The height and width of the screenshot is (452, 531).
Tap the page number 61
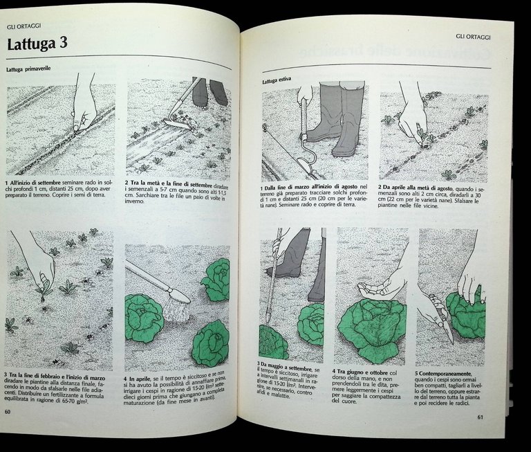click(x=480, y=417)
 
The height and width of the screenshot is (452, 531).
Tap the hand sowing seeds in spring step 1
click(x=84, y=111)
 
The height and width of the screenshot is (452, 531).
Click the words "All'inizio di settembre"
click(x=37, y=182)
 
